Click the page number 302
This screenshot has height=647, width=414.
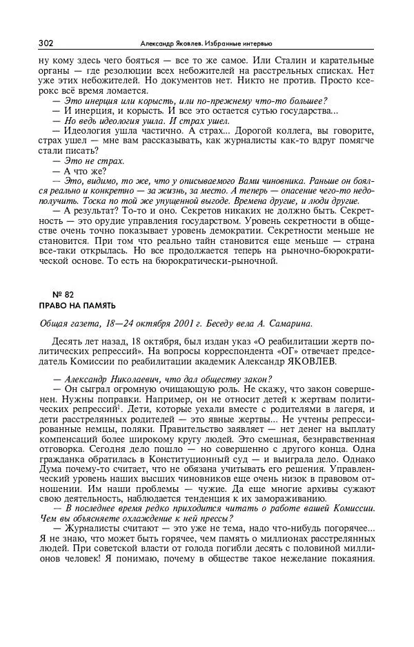tap(46, 43)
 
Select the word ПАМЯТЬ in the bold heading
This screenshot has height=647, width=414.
tap(99, 305)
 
